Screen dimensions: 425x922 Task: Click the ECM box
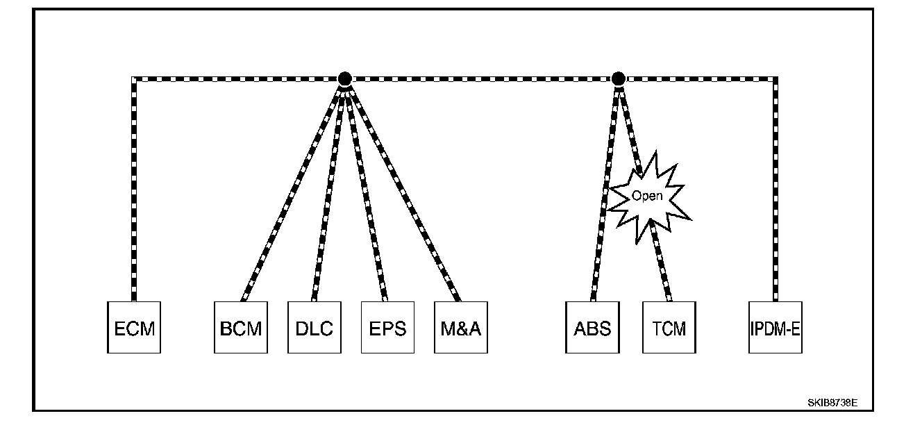[133, 327]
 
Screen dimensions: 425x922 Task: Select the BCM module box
[240, 327]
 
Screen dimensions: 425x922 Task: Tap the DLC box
[314, 327]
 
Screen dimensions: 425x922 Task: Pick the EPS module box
[387, 327]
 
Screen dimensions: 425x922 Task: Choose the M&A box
[460, 327]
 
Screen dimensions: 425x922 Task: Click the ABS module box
[592, 327]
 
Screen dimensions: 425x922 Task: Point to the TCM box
[669, 327]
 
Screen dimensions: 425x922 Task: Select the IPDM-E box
[775, 327]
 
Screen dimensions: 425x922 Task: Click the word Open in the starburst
[646, 196]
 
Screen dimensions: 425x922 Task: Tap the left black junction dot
[344, 79]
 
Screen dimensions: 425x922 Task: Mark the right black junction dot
[618, 79]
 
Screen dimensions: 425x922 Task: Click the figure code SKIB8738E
[832, 403]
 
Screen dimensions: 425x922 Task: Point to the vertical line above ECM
[133, 187]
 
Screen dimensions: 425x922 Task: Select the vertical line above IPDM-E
[775, 187]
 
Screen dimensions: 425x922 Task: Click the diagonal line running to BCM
[292, 191]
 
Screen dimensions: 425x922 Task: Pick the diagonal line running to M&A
[403, 191]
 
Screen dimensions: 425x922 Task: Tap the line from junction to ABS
[605, 191]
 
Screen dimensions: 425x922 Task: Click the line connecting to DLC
[329, 191]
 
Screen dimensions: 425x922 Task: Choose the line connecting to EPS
[366, 191]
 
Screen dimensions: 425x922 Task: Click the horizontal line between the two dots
[481, 79]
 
